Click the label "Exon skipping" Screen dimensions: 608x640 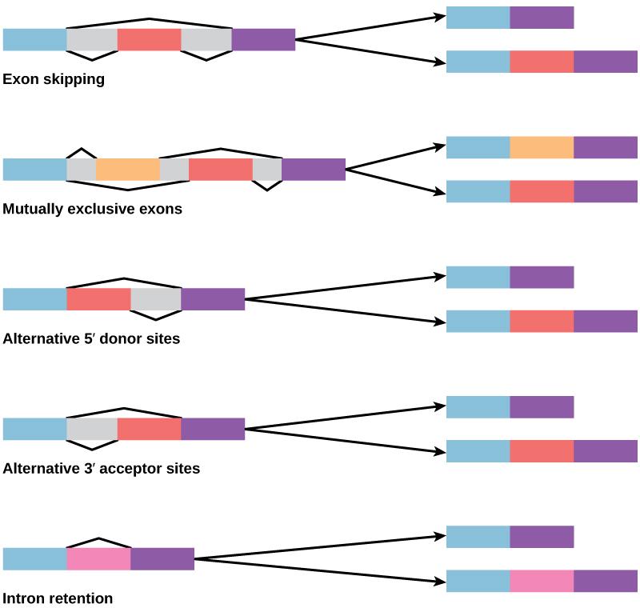pyautogui.click(x=54, y=80)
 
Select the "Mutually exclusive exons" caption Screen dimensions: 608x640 pyautogui.click(x=93, y=210)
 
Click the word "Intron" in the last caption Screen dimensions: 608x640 pyautogui.click(x=25, y=598)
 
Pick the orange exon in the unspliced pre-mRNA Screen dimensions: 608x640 pyautogui.click(x=128, y=170)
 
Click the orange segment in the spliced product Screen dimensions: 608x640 pyautogui.click(x=542, y=147)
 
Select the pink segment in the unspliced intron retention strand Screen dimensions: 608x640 pyautogui.click(x=98, y=558)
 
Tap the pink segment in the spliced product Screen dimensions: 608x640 pyautogui.click(x=542, y=581)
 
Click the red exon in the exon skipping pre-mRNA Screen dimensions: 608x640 pyautogui.click(x=149, y=40)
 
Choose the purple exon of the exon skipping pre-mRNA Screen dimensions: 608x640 pyautogui.click(x=263, y=40)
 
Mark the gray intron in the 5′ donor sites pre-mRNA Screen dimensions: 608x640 pyautogui.click(x=155, y=299)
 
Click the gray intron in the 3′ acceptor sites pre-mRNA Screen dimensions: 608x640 pyautogui.click(x=92, y=429)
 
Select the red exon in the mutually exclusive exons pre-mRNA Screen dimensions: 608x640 pyautogui.click(x=221, y=170)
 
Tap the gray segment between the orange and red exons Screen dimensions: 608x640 pyautogui.click(x=174, y=170)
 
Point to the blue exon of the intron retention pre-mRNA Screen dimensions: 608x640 pyautogui.click(x=34, y=558)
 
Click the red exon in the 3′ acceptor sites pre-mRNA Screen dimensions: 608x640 pyautogui.click(x=149, y=429)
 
